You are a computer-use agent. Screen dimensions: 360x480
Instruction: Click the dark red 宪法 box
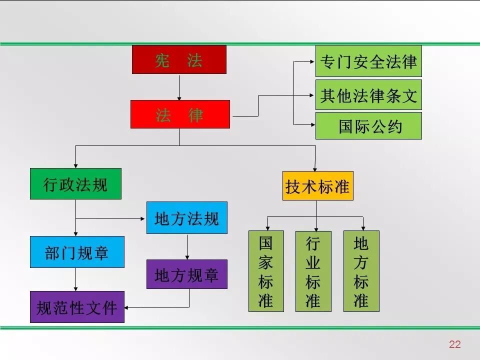click(x=179, y=59)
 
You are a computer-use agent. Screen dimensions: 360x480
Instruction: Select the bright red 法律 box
click(x=180, y=114)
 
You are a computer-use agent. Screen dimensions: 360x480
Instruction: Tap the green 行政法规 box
click(x=75, y=183)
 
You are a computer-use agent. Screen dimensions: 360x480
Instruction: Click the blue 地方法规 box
click(x=186, y=217)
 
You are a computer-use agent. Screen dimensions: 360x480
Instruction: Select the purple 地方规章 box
click(x=186, y=274)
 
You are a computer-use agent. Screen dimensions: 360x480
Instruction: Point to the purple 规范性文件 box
click(x=77, y=306)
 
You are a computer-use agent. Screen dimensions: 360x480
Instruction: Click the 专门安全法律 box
click(x=368, y=61)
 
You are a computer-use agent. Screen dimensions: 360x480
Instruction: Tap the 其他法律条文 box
click(x=368, y=94)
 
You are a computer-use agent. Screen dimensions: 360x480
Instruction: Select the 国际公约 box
click(x=368, y=125)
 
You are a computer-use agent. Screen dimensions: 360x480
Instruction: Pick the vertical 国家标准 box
click(x=266, y=271)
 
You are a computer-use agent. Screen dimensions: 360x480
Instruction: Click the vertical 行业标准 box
click(x=313, y=271)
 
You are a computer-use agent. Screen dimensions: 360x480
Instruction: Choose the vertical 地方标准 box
click(x=361, y=271)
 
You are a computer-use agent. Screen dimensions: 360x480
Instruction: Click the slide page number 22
click(x=454, y=344)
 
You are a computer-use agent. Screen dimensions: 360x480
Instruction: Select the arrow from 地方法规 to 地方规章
click(x=187, y=246)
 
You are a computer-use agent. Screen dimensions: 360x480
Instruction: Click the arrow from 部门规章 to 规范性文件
click(x=75, y=279)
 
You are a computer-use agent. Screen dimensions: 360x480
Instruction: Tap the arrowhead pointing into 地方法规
click(x=143, y=218)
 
